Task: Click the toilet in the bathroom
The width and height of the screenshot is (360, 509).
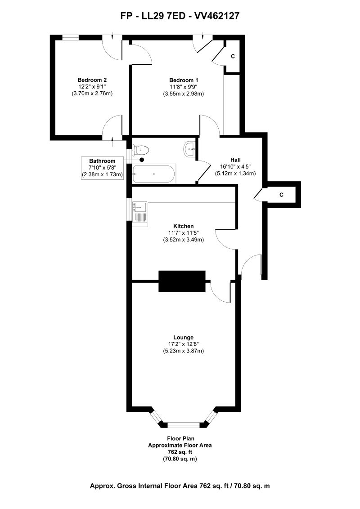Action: coord(141,149)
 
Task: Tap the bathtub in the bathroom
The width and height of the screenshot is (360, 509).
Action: coord(153,174)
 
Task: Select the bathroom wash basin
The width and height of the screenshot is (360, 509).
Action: coord(189,149)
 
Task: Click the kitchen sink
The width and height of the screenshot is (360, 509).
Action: coord(140,212)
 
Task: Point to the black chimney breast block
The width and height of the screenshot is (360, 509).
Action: coord(182,281)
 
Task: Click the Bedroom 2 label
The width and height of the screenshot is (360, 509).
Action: coord(92,80)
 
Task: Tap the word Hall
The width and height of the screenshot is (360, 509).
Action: coord(235,160)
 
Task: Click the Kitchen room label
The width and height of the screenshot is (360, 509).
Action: coord(184,226)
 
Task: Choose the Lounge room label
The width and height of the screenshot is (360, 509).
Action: coord(184,337)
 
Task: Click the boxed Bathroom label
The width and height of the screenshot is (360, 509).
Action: coord(102,161)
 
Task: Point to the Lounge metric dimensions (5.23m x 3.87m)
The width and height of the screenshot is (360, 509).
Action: coord(184,351)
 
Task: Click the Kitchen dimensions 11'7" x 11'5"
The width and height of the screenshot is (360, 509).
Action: coord(184,233)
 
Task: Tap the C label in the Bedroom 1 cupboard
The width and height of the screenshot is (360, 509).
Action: coord(233,57)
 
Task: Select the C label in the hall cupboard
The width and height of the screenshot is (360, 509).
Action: coord(281,195)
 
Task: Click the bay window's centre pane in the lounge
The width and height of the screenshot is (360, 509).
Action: coord(184,424)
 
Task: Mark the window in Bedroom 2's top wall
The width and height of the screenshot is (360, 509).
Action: coord(70,38)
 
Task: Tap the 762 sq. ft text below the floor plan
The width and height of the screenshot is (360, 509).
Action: coord(180,452)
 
